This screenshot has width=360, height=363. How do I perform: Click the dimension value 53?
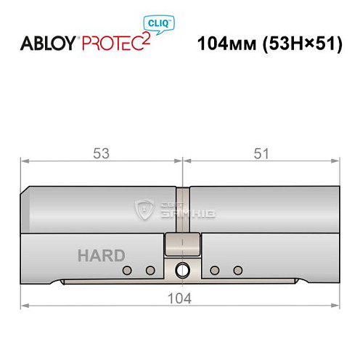pos(102,154)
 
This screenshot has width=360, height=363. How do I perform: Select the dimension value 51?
pos(261,154)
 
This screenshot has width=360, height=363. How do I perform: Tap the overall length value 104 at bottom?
pos(180,298)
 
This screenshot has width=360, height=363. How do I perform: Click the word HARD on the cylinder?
pos(101,255)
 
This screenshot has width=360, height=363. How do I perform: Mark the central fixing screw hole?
pos(181,271)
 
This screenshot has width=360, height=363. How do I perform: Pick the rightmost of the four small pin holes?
pos(237,271)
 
